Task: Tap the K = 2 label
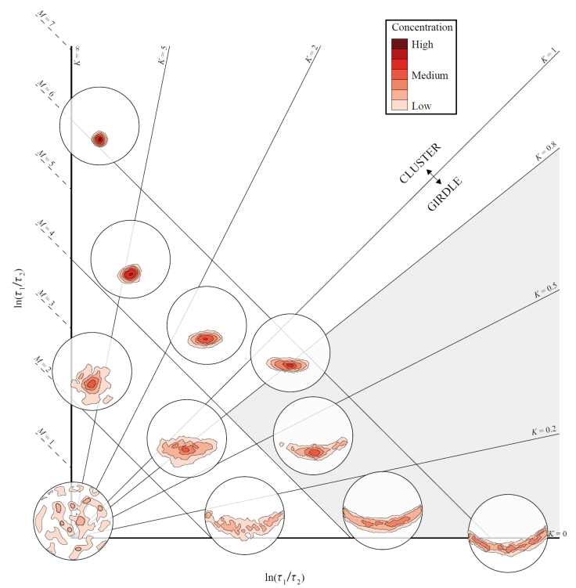click(311, 54)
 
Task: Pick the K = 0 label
click(556, 532)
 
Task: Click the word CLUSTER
click(420, 163)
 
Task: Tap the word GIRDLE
click(445, 193)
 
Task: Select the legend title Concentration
click(423, 27)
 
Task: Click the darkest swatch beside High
click(399, 44)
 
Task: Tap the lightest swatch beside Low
click(399, 105)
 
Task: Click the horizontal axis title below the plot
click(285, 578)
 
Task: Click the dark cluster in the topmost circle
click(99, 139)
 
